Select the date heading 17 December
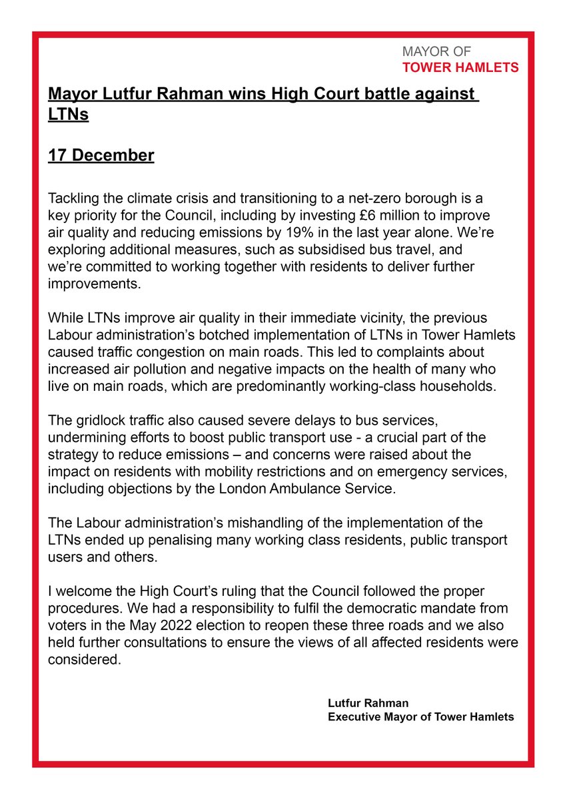click(x=101, y=156)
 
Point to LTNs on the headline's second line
click(x=69, y=115)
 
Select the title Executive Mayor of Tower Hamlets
click(x=420, y=717)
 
